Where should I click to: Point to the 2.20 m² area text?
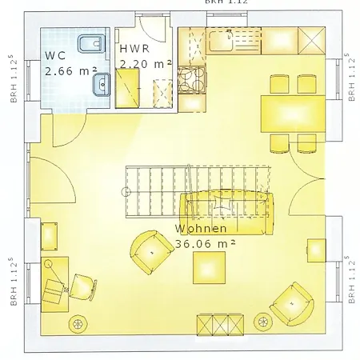coord(144,62)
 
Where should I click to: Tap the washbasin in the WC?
coord(101,82)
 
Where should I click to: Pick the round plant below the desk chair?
coord(78,323)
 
